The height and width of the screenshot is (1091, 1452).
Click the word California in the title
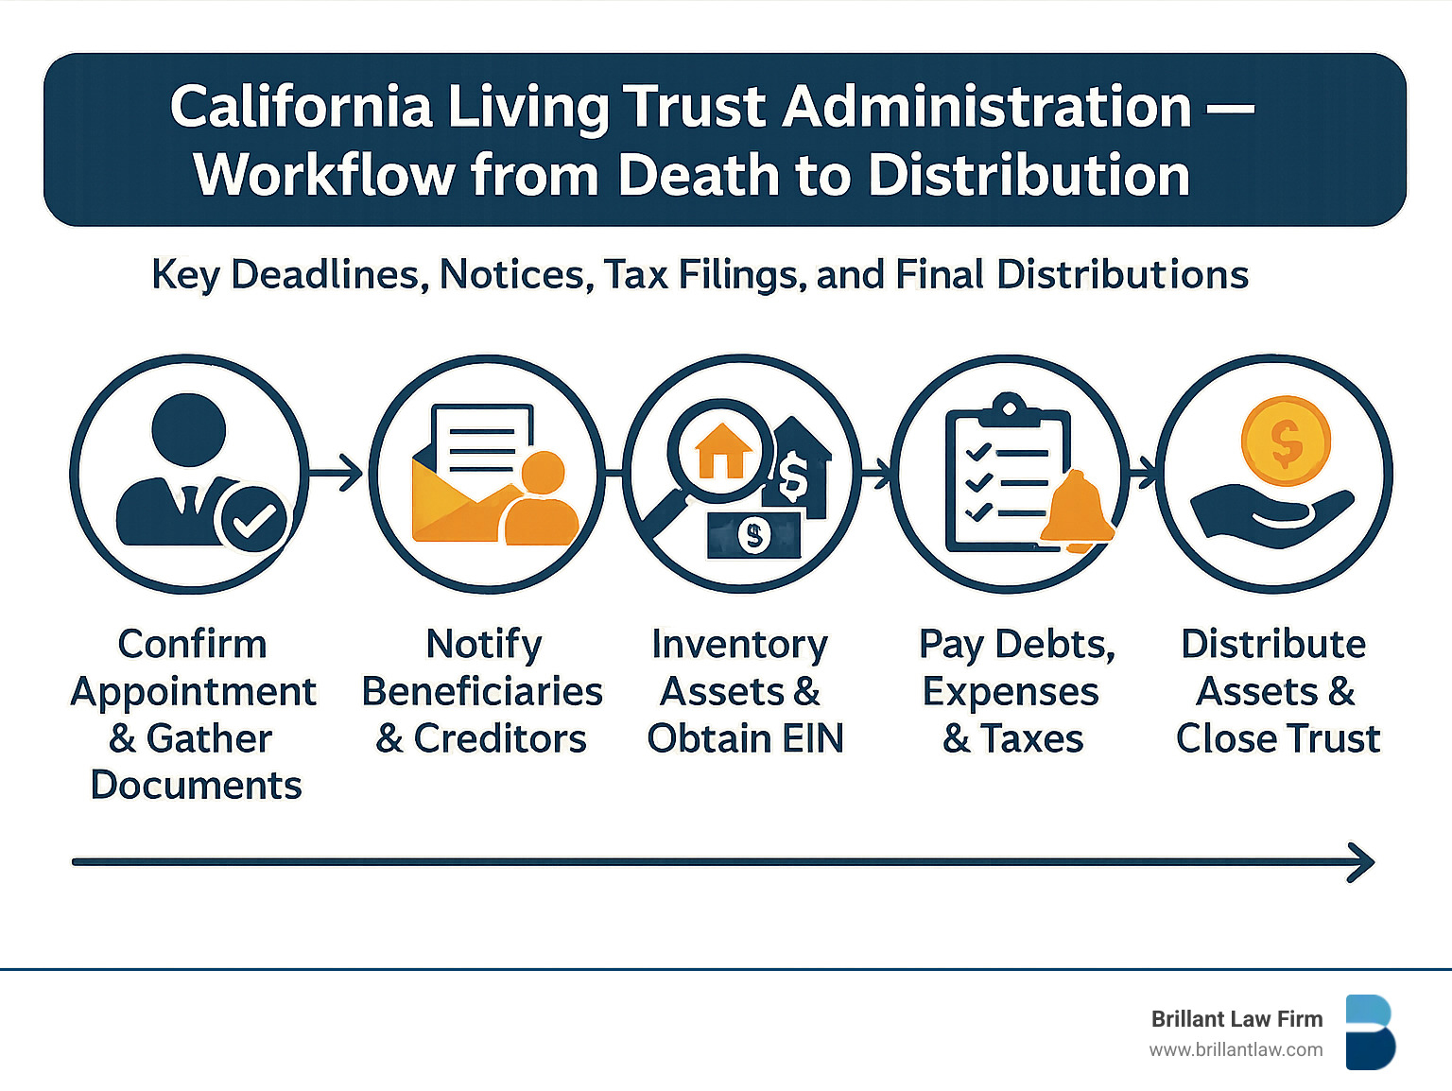tap(301, 107)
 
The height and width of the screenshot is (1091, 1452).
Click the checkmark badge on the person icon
tap(252, 519)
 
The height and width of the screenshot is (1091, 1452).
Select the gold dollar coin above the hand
tap(1286, 441)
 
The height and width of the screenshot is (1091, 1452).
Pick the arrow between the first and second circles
tap(337, 473)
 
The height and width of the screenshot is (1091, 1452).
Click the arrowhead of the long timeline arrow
tap(1362, 862)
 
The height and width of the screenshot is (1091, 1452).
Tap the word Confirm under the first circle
tap(193, 645)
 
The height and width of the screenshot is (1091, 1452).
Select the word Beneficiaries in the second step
tap(482, 692)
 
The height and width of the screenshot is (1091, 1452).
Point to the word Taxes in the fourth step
tap(1031, 739)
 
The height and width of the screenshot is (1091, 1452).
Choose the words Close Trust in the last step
tap(1278, 739)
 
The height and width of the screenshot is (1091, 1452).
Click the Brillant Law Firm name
tap(1236, 1019)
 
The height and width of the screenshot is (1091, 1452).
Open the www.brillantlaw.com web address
tap(1236, 1050)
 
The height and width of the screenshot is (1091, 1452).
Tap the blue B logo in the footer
tap(1370, 1032)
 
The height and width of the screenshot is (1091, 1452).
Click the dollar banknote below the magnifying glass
tap(753, 536)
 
